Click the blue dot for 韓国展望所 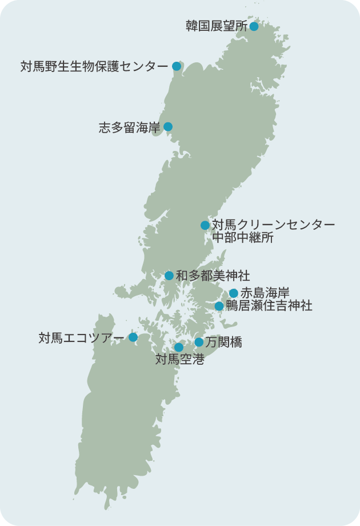(x=254, y=26)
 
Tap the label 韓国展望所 (x=217, y=26)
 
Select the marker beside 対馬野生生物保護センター (x=177, y=66)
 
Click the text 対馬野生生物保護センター (x=94, y=66)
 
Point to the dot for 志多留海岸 (x=168, y=127)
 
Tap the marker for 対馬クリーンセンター (x=205, y=225)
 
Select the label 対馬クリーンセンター (x=273, y=225)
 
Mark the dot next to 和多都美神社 (x=169, y=276)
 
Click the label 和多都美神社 (x=213, y=276)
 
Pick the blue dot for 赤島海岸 (x=233, y=293)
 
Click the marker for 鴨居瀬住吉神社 (x=219, y=306)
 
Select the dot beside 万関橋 (x=199, y=342)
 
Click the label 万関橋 (x=224, y=342)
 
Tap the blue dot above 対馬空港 (x=179, y=347)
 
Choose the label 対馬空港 (x=179, y=360)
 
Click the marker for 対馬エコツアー (x=133, y=337)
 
